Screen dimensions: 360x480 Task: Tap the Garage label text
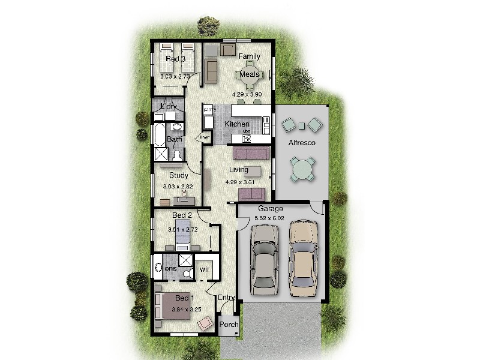271,209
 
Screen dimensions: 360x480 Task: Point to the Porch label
229,325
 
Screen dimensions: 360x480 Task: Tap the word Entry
226,298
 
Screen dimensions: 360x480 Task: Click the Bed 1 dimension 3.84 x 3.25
186,310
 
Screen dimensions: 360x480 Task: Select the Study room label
178,176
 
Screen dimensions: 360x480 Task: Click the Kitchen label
236,124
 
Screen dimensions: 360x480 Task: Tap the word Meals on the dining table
250,74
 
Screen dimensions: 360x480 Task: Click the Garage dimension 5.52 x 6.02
270,218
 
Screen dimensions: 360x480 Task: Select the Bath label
174,140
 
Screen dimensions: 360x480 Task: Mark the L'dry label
168,107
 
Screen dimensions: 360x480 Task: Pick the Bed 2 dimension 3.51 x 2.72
182,229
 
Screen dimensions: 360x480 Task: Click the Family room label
249,56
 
